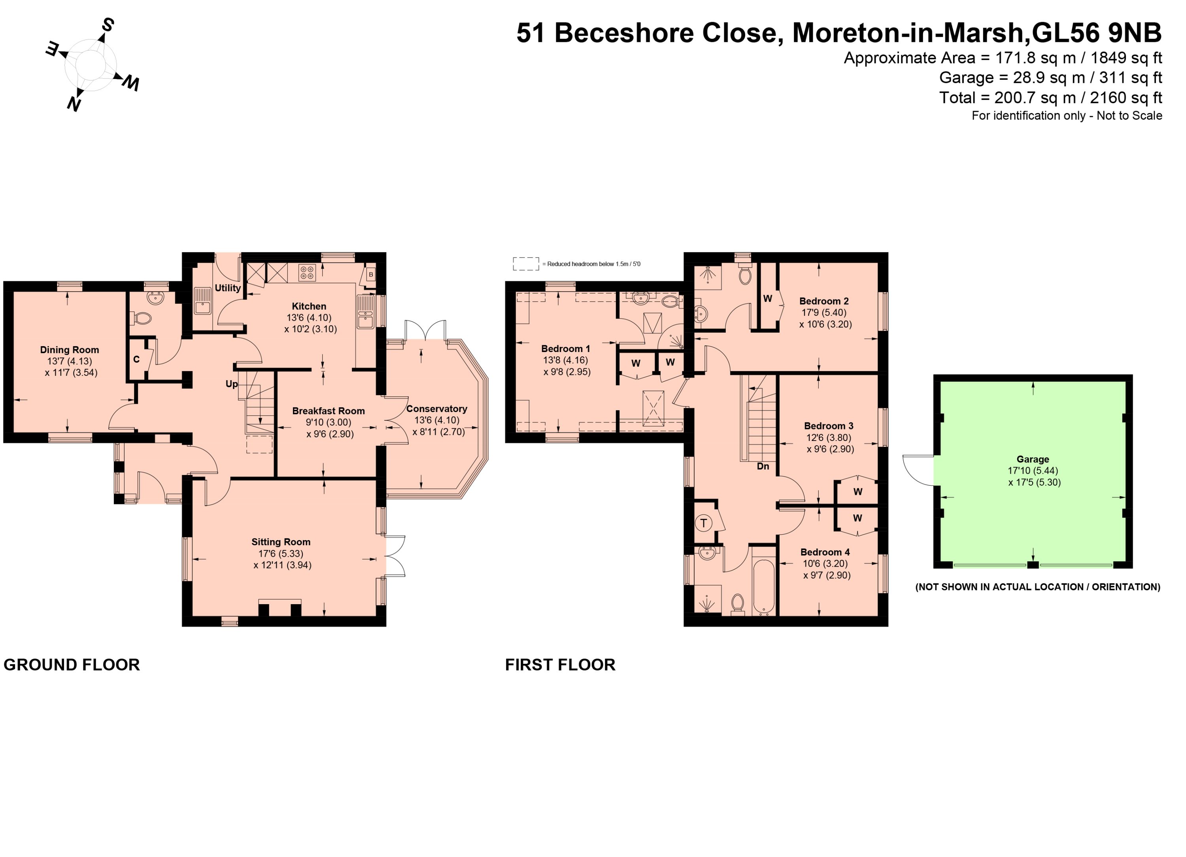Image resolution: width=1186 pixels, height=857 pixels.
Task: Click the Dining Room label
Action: pos(70,350)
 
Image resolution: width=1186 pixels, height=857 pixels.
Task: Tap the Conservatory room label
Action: pos(436,409)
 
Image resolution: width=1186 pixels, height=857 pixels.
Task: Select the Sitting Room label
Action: pos(281,542)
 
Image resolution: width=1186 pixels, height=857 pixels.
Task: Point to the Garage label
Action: pos(1033,460)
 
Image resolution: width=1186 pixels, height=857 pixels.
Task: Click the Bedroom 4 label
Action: pos(825,552)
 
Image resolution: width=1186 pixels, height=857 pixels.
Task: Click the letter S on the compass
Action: pos(107,24)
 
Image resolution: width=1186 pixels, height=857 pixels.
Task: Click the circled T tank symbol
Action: pos(704,523)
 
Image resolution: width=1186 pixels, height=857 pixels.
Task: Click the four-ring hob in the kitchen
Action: pos(307,272)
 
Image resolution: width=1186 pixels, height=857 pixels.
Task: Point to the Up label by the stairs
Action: pos(232,384)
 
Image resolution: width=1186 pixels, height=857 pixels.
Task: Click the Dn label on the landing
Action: pos(763,466)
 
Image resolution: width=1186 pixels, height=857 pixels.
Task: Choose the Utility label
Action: pos(228,288)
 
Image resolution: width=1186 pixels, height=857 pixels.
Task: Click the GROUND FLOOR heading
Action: pos(72,665)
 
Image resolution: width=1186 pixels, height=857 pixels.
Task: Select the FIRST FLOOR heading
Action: pos(560,665)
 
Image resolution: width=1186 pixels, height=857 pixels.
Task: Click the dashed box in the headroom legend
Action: pos(525,264)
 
